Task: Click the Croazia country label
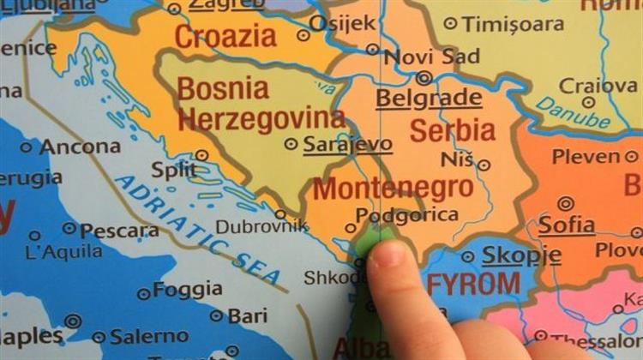[225, 36]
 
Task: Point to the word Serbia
[452, 130]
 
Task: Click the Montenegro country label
[393, 188]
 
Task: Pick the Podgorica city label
[406, 215]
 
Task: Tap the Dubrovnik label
[261, 226]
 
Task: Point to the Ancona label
[80, 147]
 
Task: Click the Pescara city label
[118, 231]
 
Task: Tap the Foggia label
[187, 290]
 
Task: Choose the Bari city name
[247, 316]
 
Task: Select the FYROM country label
[474, 284]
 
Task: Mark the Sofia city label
[566, 225]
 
